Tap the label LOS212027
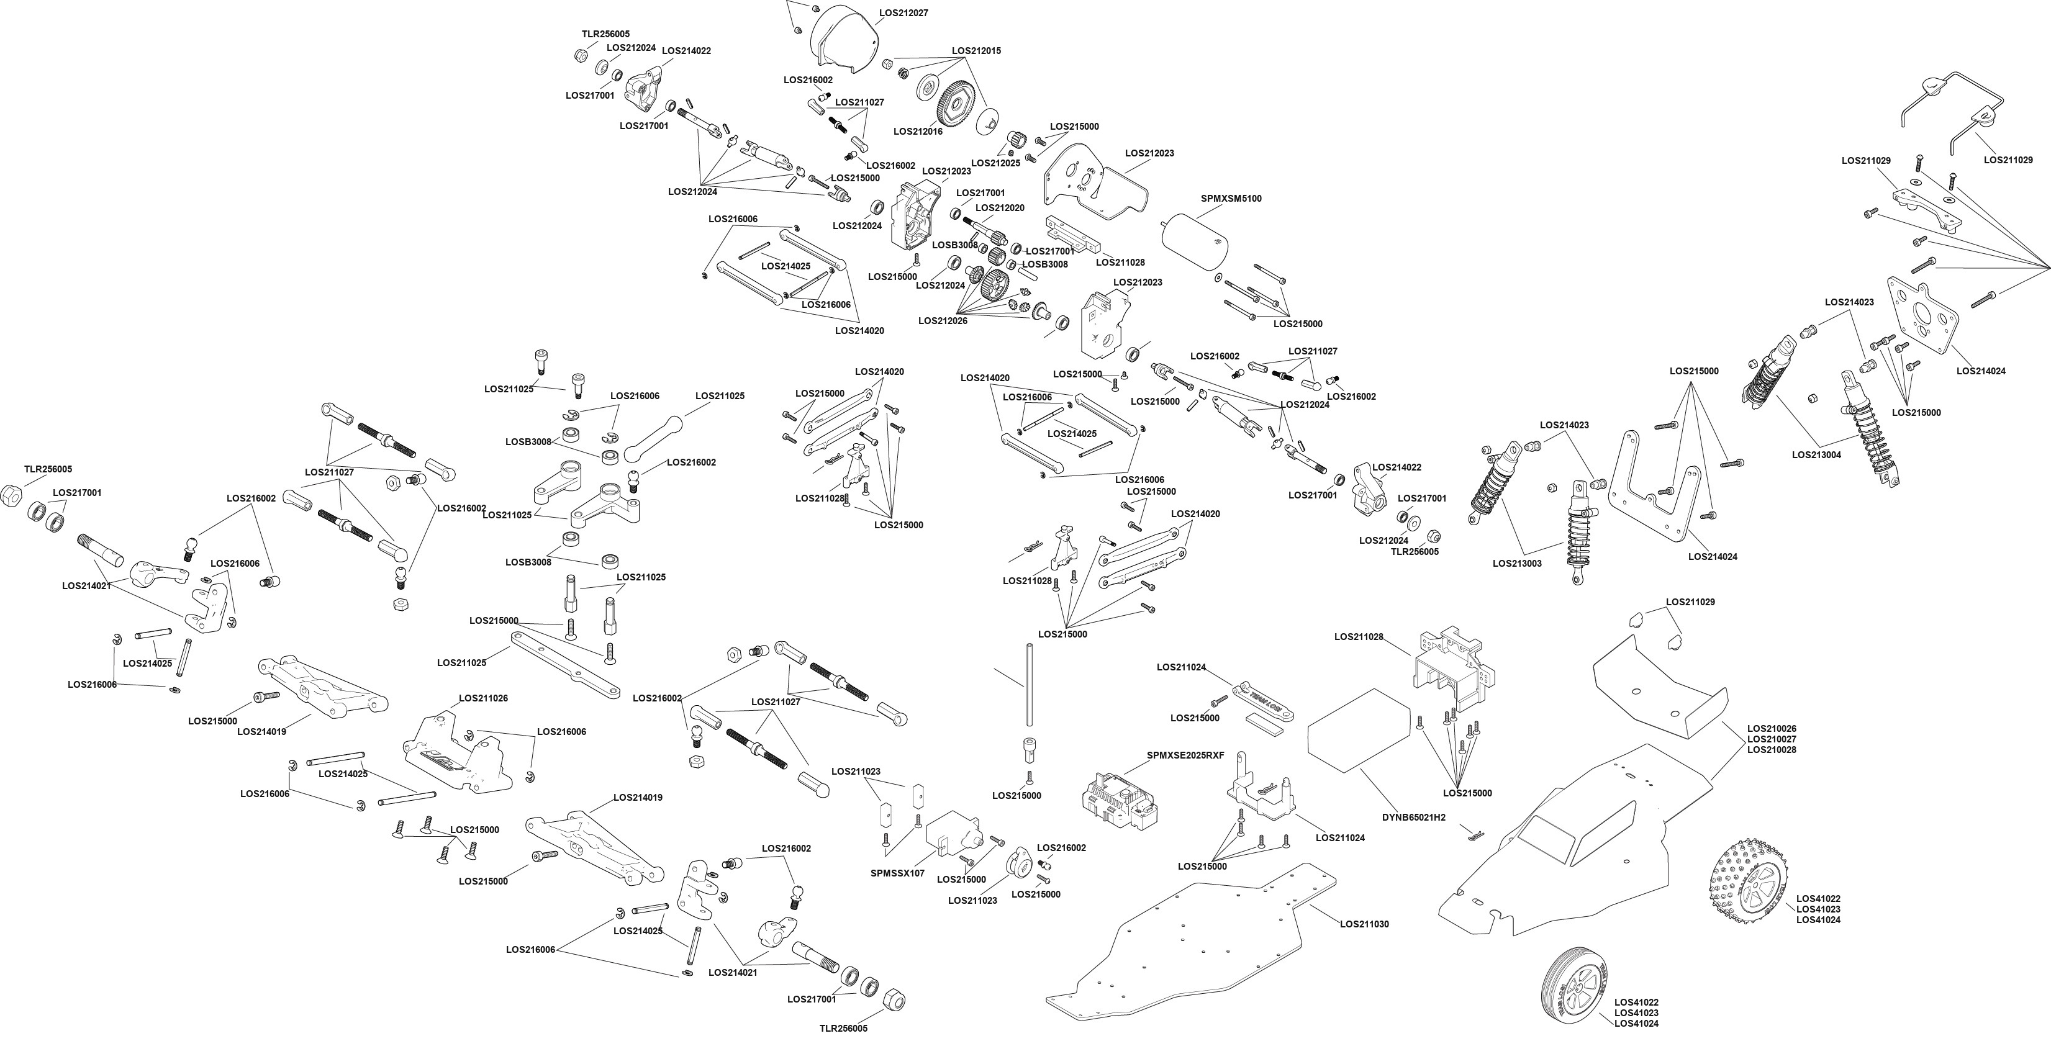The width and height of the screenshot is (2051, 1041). coord(903,14)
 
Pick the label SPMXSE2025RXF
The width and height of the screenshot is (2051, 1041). coord(1185,755)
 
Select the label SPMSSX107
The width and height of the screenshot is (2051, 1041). coord(898,873)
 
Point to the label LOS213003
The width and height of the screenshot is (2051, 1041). coord(1518,564)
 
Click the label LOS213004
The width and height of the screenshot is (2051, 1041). coord(1816,455)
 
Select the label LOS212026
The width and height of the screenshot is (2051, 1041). coord(943,321)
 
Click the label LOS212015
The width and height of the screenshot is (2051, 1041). coord(977,51)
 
